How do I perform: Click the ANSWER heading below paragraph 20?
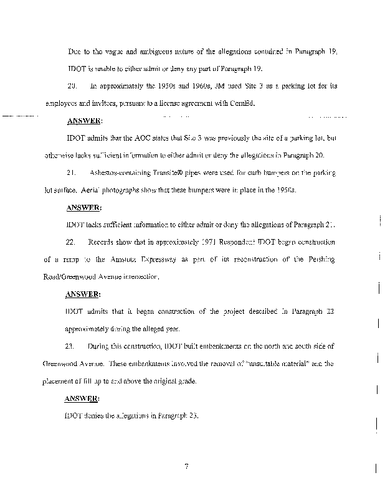point(84,120)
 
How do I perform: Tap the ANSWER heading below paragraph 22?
point(84,293)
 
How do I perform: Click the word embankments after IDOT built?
point(183,345)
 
